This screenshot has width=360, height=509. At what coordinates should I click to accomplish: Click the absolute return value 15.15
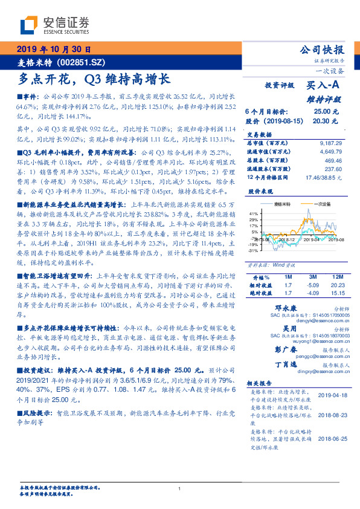pos(337,293)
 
